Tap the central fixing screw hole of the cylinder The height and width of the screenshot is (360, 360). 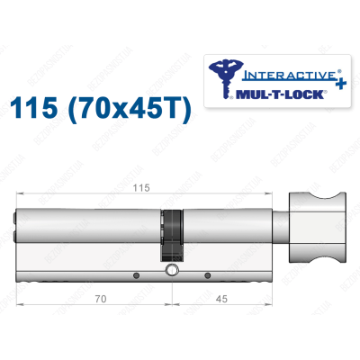click(169, 271)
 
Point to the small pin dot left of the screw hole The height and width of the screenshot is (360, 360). click(136, 275)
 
